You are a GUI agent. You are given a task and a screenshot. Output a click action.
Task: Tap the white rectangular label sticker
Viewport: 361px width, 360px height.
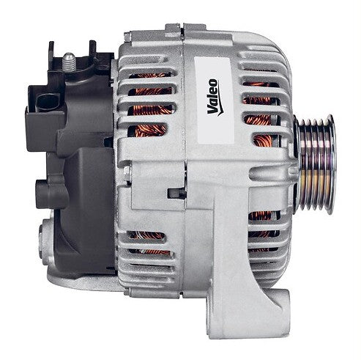pos(214,100)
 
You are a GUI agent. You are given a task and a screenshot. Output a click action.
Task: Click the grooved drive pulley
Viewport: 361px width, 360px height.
pos(316,164)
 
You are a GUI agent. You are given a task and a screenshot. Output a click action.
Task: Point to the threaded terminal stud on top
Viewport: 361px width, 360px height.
pos(69,62)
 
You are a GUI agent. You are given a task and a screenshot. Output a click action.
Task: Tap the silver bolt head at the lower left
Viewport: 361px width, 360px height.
pos(42,242)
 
